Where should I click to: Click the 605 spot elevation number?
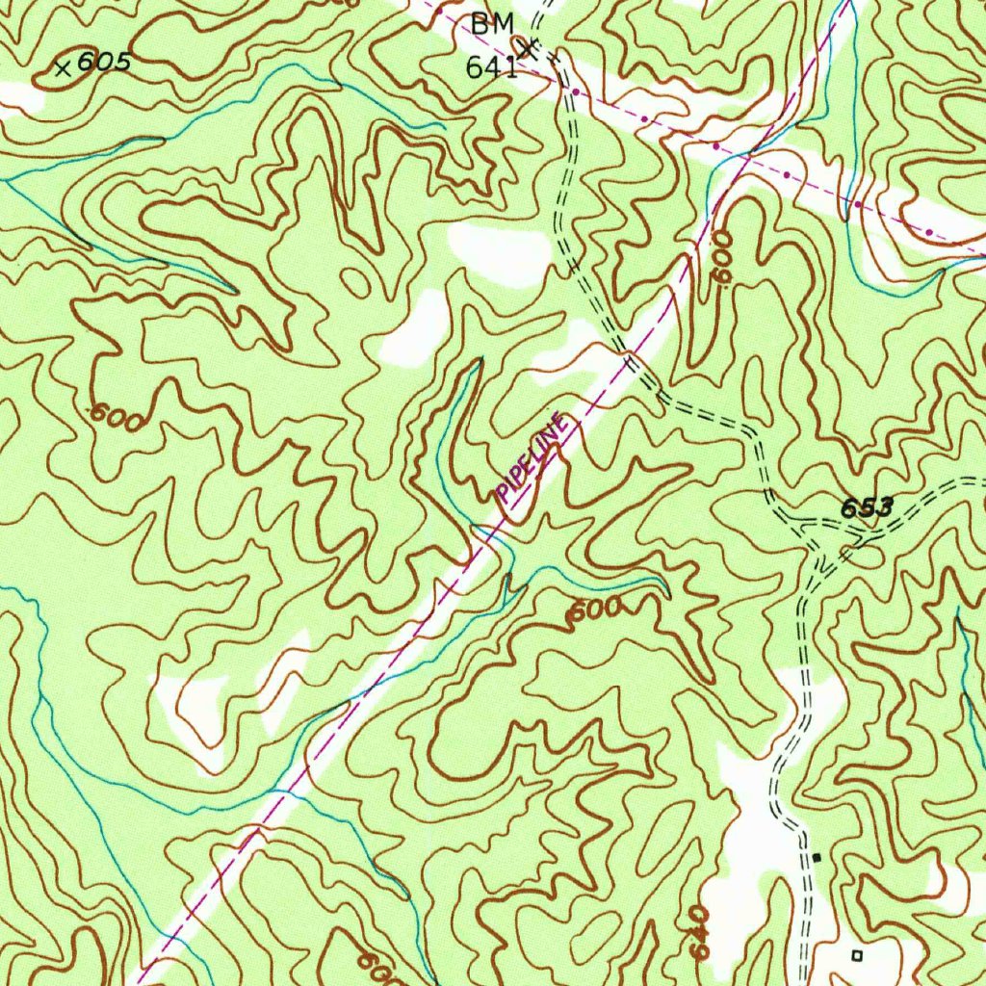103,63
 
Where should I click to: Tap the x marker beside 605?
64,68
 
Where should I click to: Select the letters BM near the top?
492,26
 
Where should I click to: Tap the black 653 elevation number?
867,507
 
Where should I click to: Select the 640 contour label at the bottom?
701,931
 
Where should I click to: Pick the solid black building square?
817,856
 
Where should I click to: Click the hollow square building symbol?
857,954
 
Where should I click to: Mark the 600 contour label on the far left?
117,417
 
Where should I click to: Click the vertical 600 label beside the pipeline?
723,256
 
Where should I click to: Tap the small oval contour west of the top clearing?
354,282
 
